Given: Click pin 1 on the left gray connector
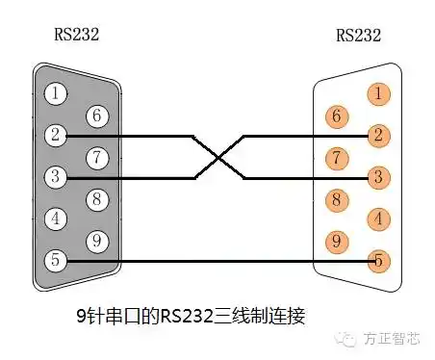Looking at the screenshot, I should pos(57,93).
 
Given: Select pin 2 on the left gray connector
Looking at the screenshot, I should pos(57,136).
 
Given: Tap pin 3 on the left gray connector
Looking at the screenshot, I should pos(57,177).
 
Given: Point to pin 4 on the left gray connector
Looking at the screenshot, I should pos(57,219).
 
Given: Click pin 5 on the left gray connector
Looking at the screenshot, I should pos(57,260).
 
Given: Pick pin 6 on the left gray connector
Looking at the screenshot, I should pos(97,116).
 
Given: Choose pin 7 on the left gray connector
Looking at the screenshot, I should pos(97,157).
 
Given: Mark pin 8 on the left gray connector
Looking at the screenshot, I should pos(97,199).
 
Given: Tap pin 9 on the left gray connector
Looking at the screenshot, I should pos(97,241).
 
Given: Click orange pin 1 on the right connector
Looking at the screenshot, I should pos(380,93).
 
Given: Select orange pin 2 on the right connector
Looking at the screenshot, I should pos(380,136).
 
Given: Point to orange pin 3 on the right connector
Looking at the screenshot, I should pos(380,177).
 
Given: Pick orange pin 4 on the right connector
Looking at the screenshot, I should pos(380,219).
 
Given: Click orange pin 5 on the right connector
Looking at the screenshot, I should pos(380,260).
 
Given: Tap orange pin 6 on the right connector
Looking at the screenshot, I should pos(337,116).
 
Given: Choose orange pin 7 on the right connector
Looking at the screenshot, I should pos(337,157).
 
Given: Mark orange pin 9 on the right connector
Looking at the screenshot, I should pos(337,241).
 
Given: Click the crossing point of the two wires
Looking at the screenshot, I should pos(218,156).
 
